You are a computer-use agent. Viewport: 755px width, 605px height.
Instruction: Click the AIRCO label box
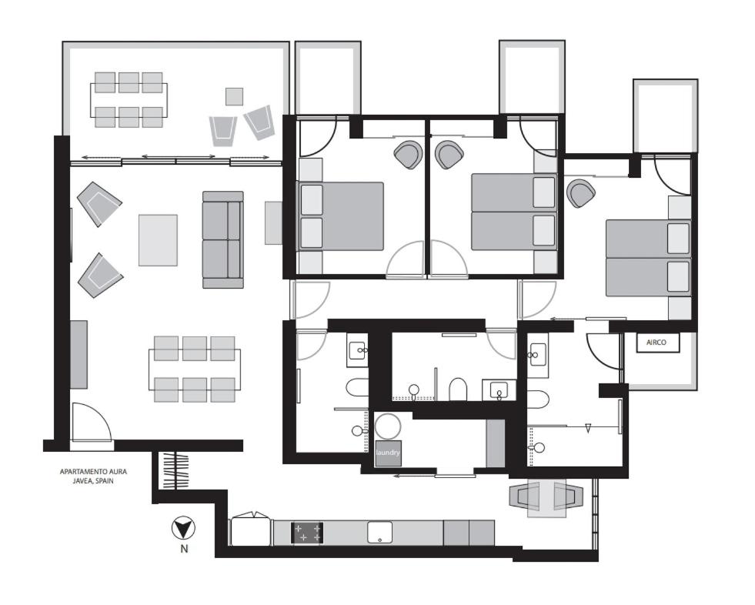pos(658,343)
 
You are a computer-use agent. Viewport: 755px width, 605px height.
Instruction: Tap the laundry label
pos(388,453)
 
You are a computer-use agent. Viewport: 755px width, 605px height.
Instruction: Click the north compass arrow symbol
pos(183,528)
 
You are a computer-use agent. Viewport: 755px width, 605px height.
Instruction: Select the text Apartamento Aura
pos(93,472)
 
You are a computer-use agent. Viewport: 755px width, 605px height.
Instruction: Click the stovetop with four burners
pos(307,533)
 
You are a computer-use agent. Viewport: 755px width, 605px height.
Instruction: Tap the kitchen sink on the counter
pos(379,533)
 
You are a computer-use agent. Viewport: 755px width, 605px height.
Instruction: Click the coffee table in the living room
pos(158,240)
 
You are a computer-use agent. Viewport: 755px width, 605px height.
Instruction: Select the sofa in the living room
pos(223,240)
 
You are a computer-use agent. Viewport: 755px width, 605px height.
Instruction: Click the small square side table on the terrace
pos(235,96)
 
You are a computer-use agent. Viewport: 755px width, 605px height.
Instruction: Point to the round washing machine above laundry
pos(388,426)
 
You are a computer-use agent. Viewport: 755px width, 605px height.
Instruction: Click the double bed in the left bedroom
pos(342,216)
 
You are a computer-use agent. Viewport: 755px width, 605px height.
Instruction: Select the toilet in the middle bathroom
pos(458,389)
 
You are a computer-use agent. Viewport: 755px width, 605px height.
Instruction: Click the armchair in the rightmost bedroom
pos(580,193)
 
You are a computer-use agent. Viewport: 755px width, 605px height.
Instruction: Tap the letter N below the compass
pos(184,549)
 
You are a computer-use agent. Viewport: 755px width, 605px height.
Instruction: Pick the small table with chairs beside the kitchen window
pos(546,498)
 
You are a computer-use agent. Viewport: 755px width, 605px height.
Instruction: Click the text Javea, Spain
pos(93,481)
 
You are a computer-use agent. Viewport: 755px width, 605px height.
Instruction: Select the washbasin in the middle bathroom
pos(499,389)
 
